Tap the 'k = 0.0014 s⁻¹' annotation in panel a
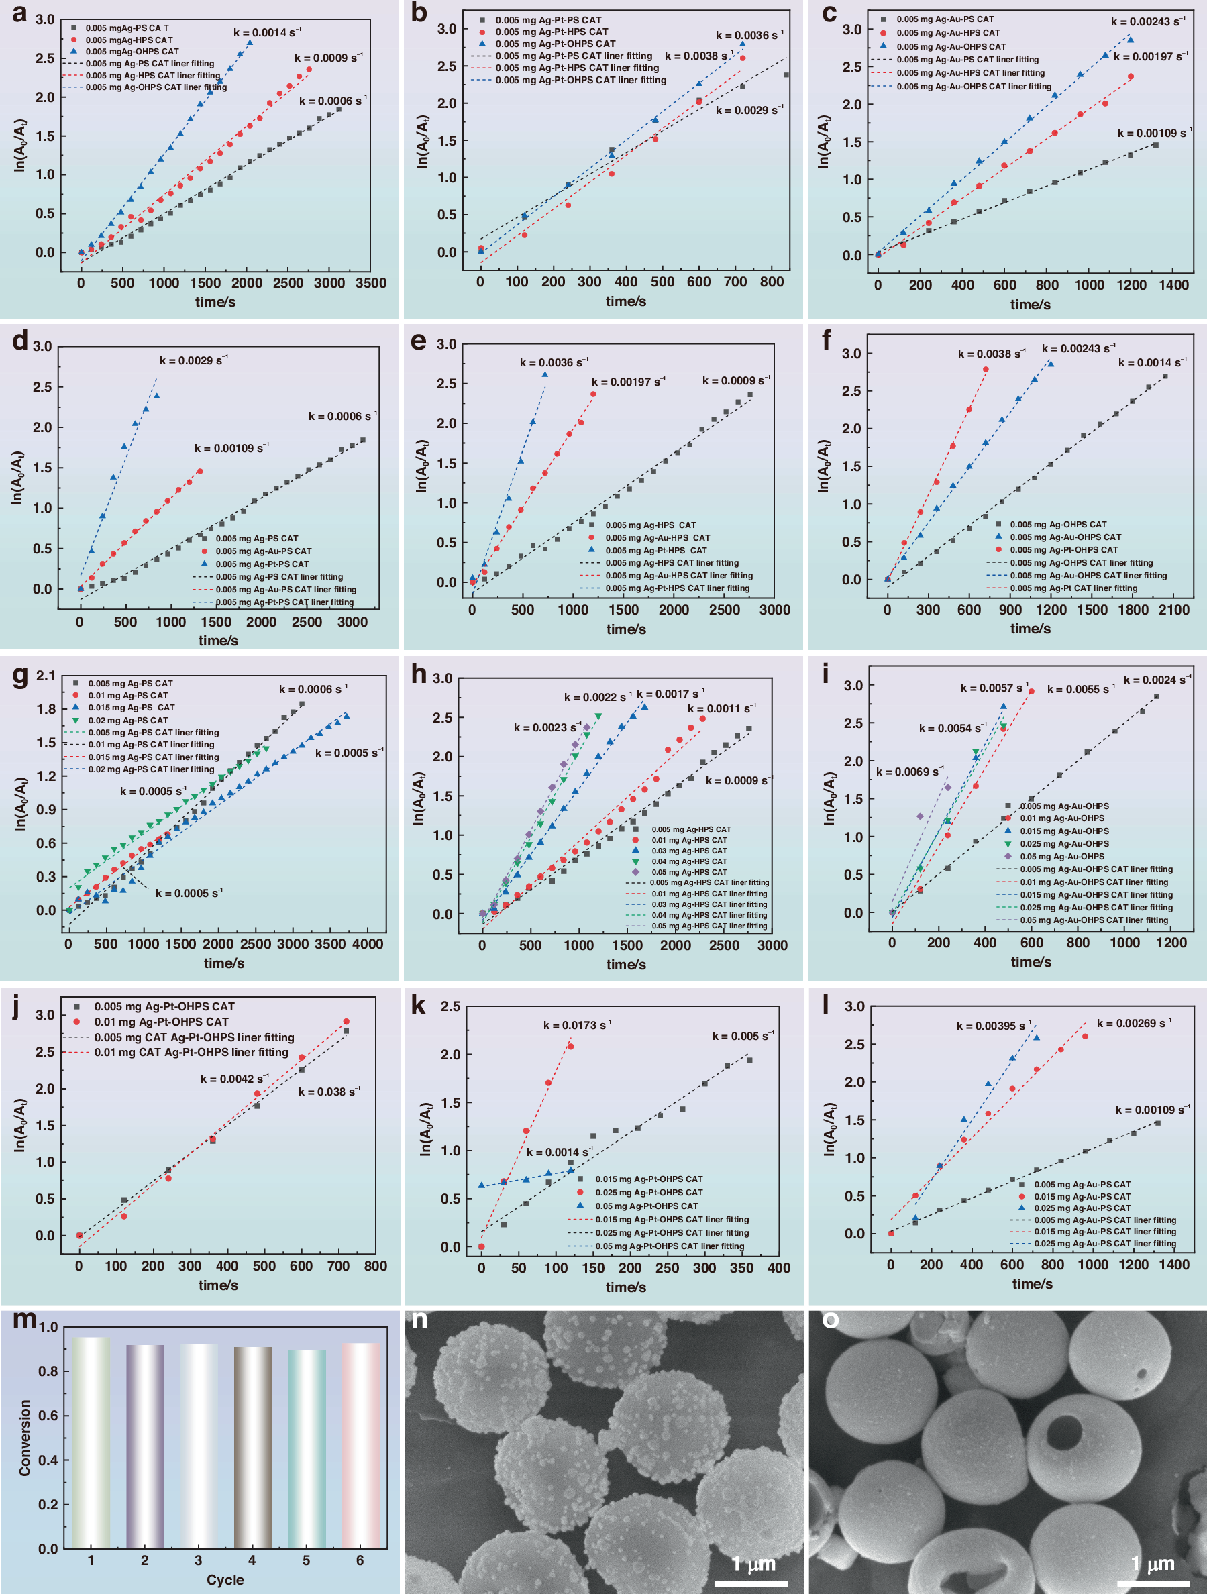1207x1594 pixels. (x=266, y=32)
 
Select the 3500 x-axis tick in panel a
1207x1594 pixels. (x=370, y=283)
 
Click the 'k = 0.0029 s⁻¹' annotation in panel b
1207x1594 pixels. (x=749, y=110)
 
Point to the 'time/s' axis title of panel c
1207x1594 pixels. (x=1030, y=304)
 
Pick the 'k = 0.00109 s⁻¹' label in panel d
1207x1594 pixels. (x=231, y=448)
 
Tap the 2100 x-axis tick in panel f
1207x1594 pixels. (x=1174, y=610)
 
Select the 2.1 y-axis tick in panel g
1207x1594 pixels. (x=46, y=675)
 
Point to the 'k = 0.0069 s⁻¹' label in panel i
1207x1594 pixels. (x=909, y=772)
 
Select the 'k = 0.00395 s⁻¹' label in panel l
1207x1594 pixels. (x=994, y=1026)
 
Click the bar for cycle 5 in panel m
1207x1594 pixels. (x=306, y=1448)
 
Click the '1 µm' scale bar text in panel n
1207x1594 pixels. (x=753, y=1563)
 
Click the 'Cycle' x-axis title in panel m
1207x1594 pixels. (x=225, y=1580)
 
